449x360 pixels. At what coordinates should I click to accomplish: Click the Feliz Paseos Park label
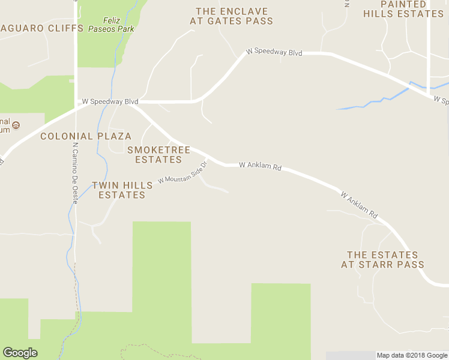coord(110,23)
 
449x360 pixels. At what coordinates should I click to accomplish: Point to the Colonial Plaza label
coord(86,136)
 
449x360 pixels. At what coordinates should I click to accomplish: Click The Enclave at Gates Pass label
coord(231,16)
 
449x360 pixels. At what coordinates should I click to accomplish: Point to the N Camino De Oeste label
coord(75,174)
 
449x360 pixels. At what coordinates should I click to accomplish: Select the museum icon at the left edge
coord(16,125)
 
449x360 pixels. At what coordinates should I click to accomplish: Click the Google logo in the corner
coord(20,353)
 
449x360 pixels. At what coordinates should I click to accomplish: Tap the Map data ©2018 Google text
coord(412,355)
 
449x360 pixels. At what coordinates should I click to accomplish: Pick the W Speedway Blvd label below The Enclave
coord(274,53)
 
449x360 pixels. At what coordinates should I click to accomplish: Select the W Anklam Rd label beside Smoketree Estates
coord(260,166)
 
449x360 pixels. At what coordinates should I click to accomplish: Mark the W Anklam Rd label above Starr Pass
coord(359,205)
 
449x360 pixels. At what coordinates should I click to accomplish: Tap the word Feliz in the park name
coord(112,19)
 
